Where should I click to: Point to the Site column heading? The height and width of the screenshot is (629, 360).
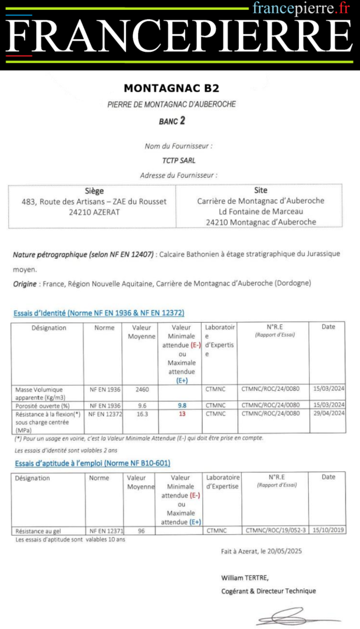click(260, 190)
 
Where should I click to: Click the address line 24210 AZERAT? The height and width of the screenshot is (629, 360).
click(94, 212)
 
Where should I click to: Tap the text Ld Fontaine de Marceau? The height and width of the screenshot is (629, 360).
click(260, 211)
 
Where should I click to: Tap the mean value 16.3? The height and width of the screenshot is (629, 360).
click(143, 414)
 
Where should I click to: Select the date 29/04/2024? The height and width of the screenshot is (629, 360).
click(328, 414)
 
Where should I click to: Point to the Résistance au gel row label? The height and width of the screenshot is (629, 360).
click(38, 531)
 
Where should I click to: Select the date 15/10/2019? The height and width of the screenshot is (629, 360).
click(329, 531)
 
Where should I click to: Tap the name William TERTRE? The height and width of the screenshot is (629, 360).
click(245, 578)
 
